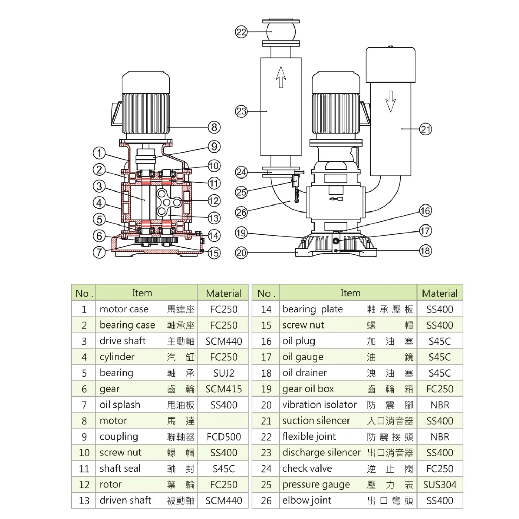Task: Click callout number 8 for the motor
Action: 214,127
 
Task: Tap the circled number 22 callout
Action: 241,32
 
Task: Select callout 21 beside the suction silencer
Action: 426,129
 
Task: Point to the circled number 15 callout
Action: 214,253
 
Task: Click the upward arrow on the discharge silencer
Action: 281,77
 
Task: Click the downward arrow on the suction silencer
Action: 390,101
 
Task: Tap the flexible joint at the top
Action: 281,32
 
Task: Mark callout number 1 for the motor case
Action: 99,153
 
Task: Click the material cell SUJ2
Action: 223,373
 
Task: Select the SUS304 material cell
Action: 440,484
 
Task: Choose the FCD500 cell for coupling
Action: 223,437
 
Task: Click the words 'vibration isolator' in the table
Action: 319,405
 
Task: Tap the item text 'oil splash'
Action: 120,405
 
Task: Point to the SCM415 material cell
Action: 223,389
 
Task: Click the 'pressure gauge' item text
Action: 316,484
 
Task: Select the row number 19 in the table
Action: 266,389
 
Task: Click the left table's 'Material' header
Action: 223,293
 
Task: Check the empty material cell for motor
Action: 223,421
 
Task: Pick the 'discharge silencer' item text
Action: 321,453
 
